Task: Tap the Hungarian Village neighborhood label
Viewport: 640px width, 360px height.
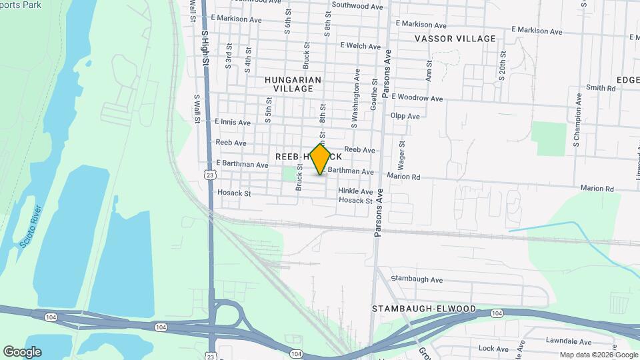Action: [x=293, y=84]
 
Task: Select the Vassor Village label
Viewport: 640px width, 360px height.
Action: [x=455, y=39]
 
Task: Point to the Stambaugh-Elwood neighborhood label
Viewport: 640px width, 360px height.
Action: [x=424, y=309]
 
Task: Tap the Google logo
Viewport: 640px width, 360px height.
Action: [x=22, y=351]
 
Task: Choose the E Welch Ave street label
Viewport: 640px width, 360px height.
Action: [x=359, y=46]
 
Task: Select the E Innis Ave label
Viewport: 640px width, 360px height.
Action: [x=233, y=123]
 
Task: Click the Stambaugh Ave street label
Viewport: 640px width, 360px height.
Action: [x=417, y=279]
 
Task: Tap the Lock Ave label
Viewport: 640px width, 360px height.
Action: [x=493, y=349]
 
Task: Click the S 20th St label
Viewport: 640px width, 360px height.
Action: [x=501, y=65]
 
